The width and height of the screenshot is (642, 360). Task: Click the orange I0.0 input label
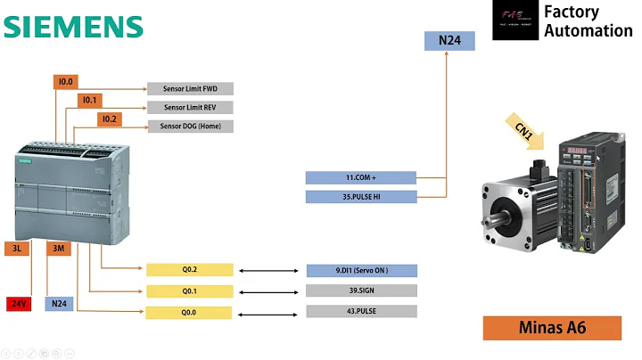click(65, 82)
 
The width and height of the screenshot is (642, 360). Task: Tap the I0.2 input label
click(109, 119)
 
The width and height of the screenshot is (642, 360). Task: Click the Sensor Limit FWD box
click(190, 88)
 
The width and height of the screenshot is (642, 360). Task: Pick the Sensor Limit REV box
click(190, 107)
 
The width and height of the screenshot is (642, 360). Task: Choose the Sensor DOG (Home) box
click(190, 126)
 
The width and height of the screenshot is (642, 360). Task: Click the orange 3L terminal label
click(17, 249)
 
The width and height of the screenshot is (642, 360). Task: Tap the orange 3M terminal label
click(59, 249)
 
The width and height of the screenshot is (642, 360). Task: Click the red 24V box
click(19, 304)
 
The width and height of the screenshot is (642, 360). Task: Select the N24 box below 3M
click(59, 304)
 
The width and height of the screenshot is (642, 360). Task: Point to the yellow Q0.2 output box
click(189, 270)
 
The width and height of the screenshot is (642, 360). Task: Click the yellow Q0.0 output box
click(189, 313)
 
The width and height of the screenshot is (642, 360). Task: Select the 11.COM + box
click(360, 178)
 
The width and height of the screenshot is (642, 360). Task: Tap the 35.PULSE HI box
click(360, 196)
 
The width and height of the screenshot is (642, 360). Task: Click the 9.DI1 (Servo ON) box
click(360, 270)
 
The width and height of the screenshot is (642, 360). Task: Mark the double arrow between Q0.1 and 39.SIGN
click(268, 291)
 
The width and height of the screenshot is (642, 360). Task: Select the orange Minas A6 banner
click(552, 327)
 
